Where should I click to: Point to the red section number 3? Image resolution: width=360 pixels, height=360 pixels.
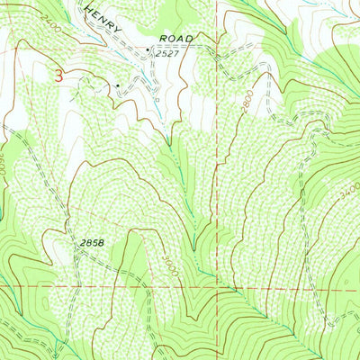59,77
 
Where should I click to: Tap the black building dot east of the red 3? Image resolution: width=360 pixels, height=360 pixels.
117,85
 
